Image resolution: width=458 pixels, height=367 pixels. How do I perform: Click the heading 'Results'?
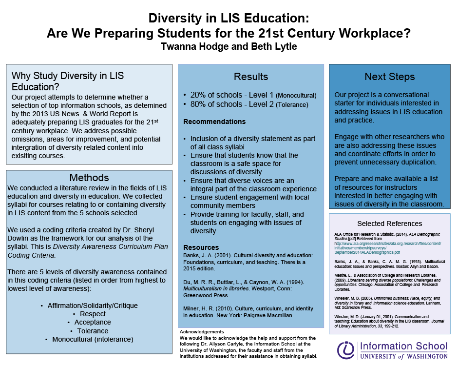tap(250, 77)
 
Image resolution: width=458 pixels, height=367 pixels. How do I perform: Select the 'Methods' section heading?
tap(89, 177)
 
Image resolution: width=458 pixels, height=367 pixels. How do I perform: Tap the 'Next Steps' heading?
tap(389, 77)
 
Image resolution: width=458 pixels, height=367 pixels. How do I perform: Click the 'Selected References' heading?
tap(389, 224)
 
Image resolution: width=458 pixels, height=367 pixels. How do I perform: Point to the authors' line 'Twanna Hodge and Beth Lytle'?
tap(229, 47)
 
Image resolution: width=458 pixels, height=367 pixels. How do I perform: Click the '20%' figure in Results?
tap(199, 95)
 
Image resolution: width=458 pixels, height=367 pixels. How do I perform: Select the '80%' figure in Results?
tap(199, 104)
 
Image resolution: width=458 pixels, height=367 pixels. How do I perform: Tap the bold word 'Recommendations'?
tap(214, 122)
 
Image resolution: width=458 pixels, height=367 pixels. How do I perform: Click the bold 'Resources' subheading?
tap(201, 247)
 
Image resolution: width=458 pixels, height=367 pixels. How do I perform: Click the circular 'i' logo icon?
tap(346, 350)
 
